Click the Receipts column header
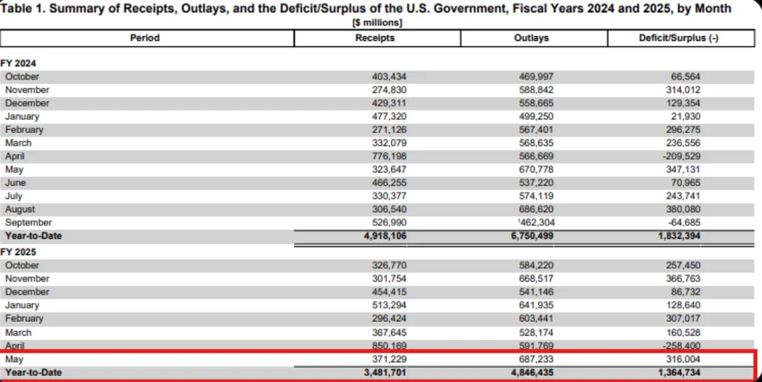[x=375, y=38]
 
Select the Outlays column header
[x=531, y=38]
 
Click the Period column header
[x=145, y=38]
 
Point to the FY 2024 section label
[x=18, y=63]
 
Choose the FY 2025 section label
[x=18, y=252]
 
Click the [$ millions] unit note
[x=377, y=23]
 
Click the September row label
[x=28, y=222]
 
